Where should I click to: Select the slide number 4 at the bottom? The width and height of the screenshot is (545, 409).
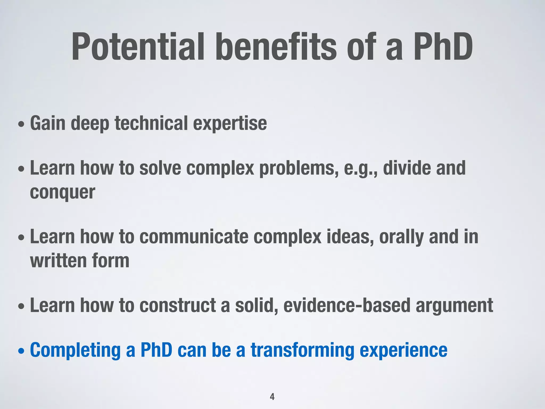272,396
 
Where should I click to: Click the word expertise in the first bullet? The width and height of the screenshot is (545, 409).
230,124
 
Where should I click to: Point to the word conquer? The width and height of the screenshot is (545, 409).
62,192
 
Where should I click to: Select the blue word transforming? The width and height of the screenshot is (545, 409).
302,351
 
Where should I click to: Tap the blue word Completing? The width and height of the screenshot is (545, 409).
75,351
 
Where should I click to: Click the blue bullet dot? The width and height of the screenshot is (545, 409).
22,351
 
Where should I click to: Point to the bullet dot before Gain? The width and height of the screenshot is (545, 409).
22,124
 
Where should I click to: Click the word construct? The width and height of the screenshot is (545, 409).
177,305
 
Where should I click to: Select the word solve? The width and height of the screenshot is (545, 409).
160,169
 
